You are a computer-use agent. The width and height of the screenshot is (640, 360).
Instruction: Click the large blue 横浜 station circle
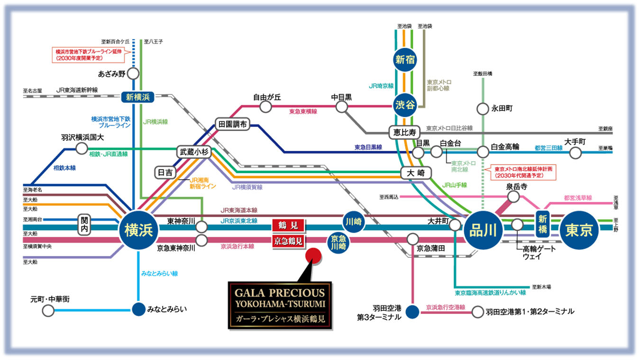click(x=138, y=230)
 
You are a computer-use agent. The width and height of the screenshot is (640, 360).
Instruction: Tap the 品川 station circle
click(x=483, y=230)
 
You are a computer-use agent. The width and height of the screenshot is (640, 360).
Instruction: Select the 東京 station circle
click(x=579, y=230)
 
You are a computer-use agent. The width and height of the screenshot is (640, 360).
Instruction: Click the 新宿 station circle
click(x=404, y=60)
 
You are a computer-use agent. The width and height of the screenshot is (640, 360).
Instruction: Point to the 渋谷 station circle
click(x=404, y=105)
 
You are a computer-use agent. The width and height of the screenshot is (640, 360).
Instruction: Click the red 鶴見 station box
click(x=288, y=225)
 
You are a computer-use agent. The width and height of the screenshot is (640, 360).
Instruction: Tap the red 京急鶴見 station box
click(x=288, y=241)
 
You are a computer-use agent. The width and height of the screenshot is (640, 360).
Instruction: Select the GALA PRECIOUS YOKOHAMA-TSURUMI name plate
click(x=280, y=305)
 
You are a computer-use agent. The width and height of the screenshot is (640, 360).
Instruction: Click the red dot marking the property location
click(x=313, y=256)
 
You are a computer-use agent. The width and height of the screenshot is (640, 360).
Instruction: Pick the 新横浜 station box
click(x=137, y=97)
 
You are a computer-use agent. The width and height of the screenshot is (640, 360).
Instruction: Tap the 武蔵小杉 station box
click(x=194, y=152)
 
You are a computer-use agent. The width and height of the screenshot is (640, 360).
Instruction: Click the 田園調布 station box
click(x=232, y=124)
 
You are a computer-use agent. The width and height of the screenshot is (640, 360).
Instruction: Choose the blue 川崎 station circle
click(x=354, y=222)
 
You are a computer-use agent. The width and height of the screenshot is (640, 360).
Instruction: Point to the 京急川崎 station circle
click(x=338, y=243)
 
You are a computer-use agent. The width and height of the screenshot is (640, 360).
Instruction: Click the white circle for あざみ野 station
click(x=133, y=74)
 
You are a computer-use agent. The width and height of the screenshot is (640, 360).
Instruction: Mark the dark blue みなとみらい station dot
click(x=138, y=309)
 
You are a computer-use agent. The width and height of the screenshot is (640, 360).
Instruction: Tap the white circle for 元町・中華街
click(x=48, y=311)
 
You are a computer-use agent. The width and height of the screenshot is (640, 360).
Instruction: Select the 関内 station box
click(x=84, y=224)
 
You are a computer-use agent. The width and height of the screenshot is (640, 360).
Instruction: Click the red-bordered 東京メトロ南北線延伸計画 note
click(x=523, y=172)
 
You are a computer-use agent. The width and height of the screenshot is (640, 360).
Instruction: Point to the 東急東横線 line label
click(x=303, y=111)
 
